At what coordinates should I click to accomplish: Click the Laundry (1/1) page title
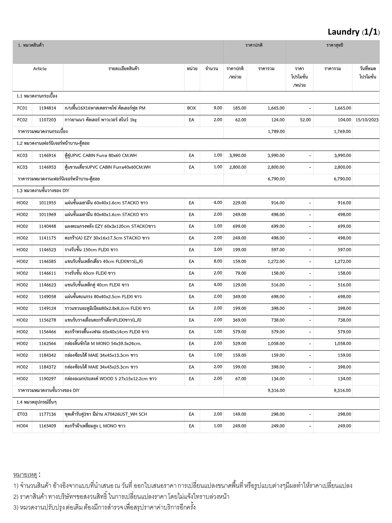tap(353, 32)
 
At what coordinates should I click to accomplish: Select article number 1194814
tap(47, 108)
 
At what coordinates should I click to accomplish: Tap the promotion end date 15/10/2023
tap(367, 120)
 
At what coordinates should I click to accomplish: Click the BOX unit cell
tap(191, 108)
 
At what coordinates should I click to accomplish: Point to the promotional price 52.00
tap(305, 120)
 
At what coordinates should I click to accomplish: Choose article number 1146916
tap(47, 156)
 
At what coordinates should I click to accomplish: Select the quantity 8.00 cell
tap(218, 261)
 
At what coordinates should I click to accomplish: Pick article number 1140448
tap(47, 226)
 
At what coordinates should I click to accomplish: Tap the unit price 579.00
tap(239, 332)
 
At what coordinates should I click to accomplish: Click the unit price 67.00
tap(241, 379)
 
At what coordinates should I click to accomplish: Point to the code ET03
tap(22, 414)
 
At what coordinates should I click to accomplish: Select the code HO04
tap(22, 426)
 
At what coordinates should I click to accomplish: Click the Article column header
tap(40, 69)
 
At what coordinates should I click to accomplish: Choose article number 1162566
tap(47, 343)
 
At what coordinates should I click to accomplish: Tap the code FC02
tap(22, 120)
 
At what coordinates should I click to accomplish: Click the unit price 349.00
tap(239, 296)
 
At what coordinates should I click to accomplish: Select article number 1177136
tap(47, 414)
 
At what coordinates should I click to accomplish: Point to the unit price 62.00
tap(241, 120)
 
